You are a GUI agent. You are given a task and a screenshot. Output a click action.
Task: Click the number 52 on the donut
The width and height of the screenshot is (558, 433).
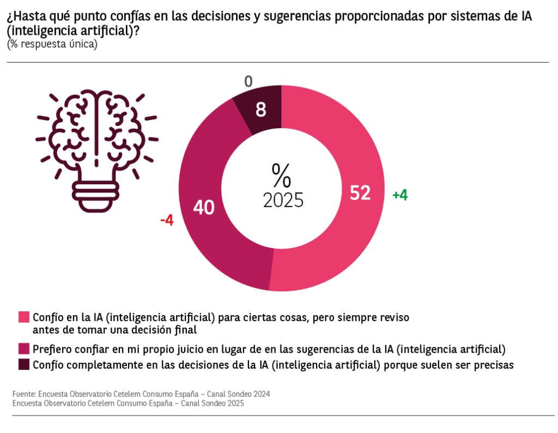pos(360,193)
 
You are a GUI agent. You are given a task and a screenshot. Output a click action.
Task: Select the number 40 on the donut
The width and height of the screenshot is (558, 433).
pos(204,207)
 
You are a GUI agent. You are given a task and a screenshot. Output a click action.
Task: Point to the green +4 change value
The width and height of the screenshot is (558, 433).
pos(400,195)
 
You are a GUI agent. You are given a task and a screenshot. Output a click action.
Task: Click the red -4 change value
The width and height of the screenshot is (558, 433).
pos(167,221)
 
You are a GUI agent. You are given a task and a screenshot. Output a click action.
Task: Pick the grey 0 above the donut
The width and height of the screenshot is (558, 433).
pos(248,82)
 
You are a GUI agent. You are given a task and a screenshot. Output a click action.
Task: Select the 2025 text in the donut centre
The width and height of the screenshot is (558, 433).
pos(283,200)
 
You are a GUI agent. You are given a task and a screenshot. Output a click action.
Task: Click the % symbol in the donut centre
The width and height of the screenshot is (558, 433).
pos(282,175)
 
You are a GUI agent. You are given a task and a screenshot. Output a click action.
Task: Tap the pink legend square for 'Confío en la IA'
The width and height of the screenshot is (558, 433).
pos(24,317)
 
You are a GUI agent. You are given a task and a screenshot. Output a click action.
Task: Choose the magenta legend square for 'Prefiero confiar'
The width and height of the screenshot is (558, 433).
pos(24,348)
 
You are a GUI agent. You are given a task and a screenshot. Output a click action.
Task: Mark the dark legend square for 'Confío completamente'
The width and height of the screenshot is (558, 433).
pos(24,365)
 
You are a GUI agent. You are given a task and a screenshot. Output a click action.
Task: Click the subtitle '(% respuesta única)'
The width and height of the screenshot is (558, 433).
pos(52,44)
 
